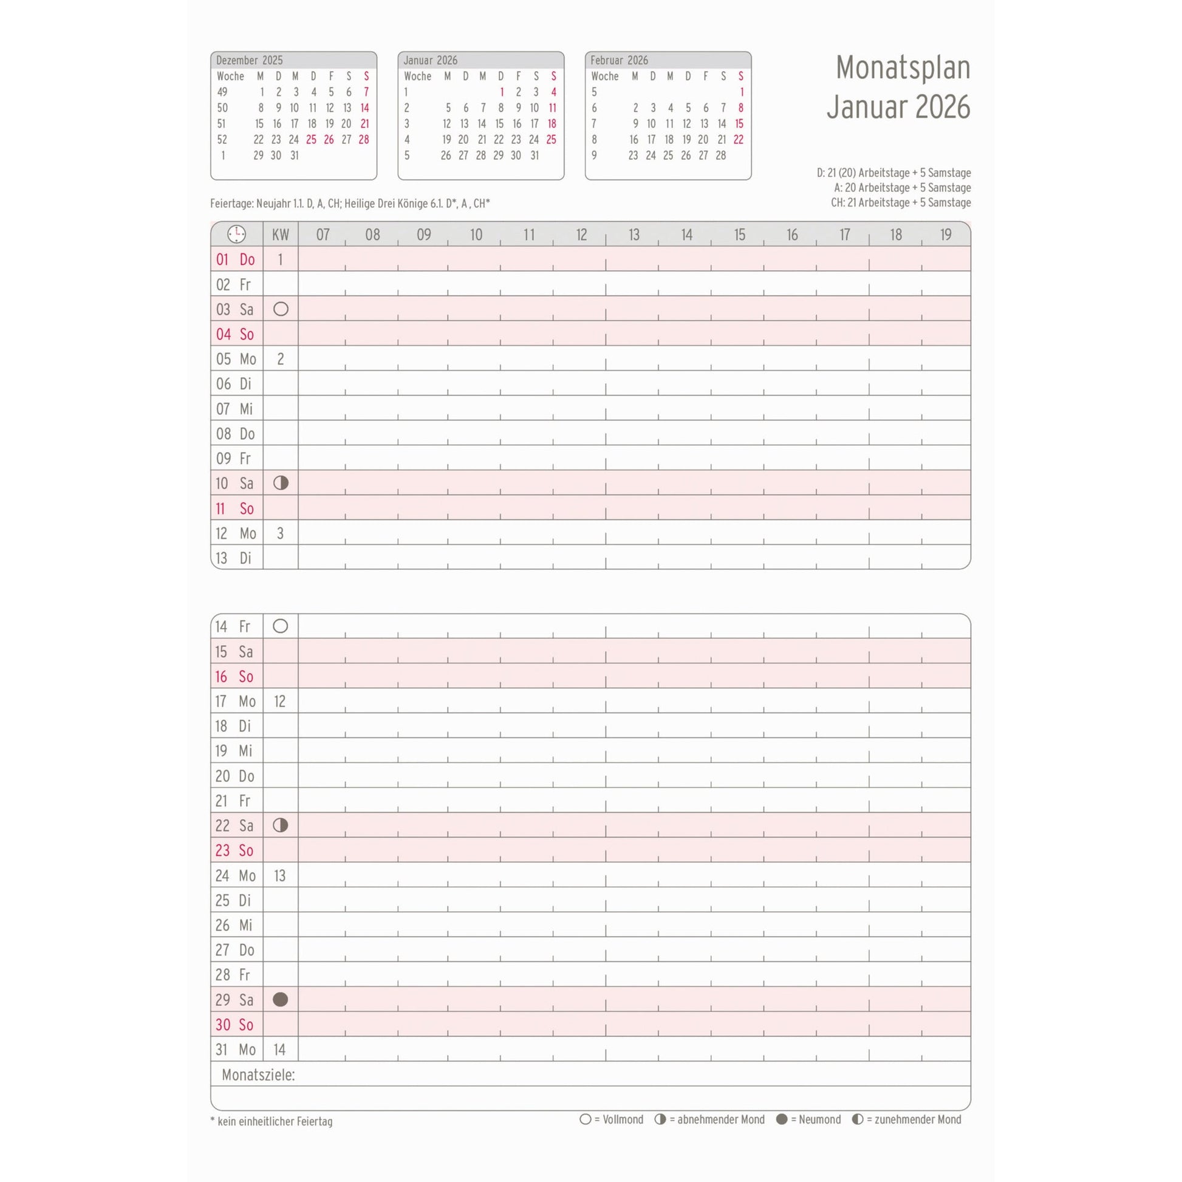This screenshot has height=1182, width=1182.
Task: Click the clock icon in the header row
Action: point(236,234)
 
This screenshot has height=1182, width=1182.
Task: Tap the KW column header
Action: point(280,234)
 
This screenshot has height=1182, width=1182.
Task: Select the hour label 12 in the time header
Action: point(581,234)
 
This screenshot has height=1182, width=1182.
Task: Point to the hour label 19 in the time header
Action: point(945,234)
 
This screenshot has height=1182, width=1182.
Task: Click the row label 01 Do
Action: point(235,259)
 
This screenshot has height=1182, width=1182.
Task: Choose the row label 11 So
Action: point(234,508)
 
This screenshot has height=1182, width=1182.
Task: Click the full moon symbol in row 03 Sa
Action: point(281,309)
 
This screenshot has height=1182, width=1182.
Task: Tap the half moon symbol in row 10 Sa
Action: point(281,483)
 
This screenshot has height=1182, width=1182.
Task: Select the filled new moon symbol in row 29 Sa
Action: point(280,1000)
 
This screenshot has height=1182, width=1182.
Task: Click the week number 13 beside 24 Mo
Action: point(279,875)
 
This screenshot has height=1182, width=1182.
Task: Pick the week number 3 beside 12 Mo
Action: point(280,533)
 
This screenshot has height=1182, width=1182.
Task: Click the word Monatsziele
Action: point(258,1075)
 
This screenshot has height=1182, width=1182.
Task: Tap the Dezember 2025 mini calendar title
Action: point(249,60)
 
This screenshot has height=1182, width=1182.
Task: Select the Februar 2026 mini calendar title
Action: point(618,60)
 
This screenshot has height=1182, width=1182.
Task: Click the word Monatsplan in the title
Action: point(903,67)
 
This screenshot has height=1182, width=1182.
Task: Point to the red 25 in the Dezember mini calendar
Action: point(312,140)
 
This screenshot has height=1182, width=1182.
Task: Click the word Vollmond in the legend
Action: point(623,1119)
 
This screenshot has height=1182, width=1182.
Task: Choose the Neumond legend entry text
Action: point(816,1119)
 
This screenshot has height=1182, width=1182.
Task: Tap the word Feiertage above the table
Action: point(231,203)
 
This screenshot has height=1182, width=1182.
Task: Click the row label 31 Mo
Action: point(235,1050)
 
